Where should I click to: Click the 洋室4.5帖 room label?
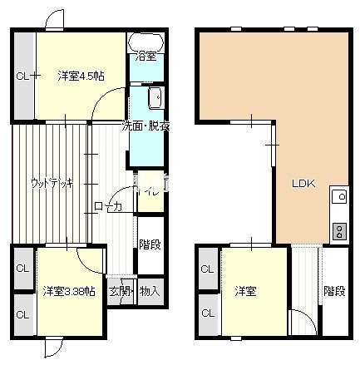[x=81, y=76]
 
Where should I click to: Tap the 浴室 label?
[x=145, y=57]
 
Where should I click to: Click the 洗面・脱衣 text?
[x=145, y=126]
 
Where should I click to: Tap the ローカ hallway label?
[x=108, y=206]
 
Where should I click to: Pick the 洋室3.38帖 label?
[x=68, y=291]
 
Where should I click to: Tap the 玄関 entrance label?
[x=121, y=291]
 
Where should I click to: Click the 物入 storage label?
[x=150, y=291]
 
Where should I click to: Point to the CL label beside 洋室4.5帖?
[x=23, y=76]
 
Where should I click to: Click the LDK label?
[x=301, y=185]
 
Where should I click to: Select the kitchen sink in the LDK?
[x=339, y=197]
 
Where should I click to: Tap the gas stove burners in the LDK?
[x=339, y=230]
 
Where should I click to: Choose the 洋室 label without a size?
[x=244, y=291]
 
